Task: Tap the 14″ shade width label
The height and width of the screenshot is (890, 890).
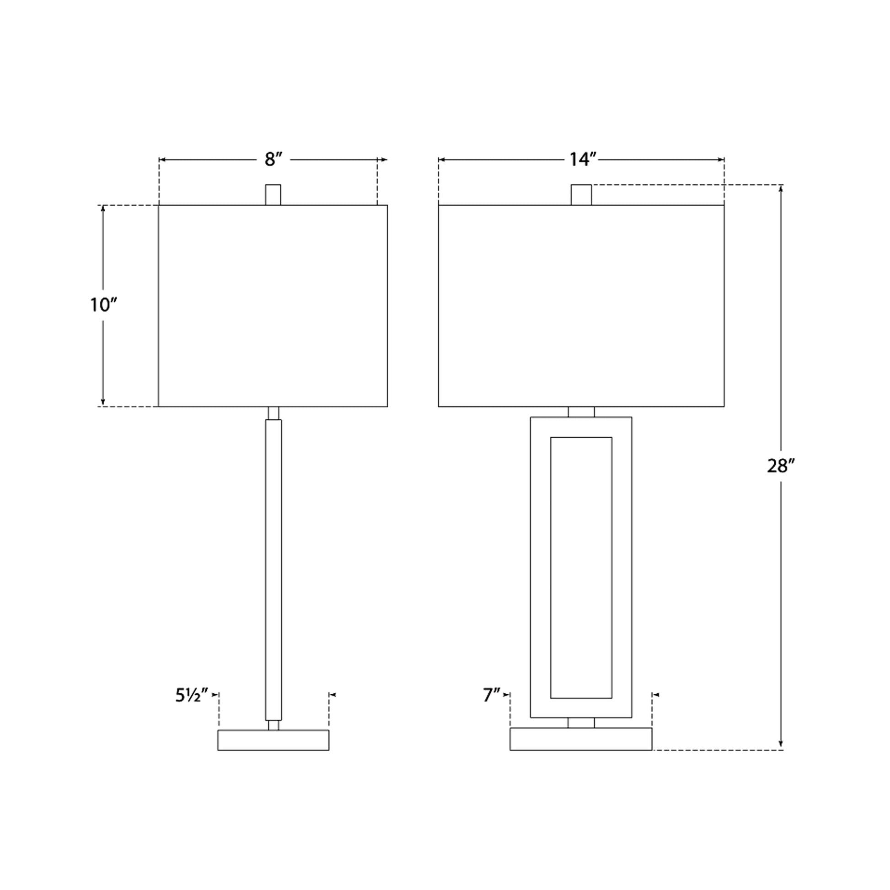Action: [x=583, y=160]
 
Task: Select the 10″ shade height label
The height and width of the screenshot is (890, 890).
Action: [x=103, y=305]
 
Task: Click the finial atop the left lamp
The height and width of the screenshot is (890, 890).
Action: [x=273, y=195]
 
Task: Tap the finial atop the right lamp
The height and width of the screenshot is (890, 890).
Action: [x=581, y=195]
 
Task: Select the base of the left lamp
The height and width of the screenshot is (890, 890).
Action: [x=273, y=740]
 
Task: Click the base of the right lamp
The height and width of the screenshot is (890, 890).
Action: [x=581, y=740]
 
